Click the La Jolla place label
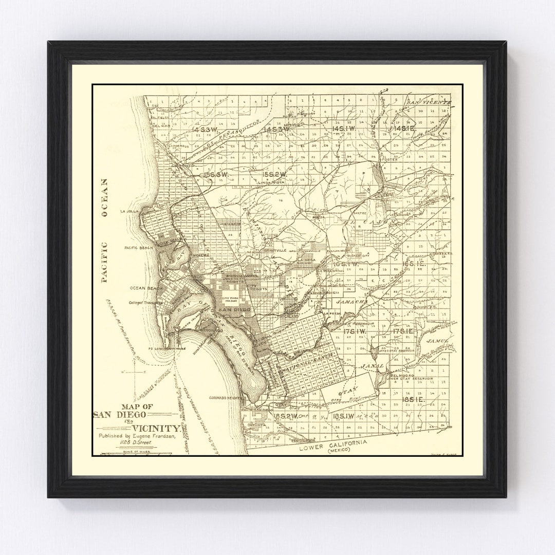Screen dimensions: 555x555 pyautogui.click(x=129, y=211)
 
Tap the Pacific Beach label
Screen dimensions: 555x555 pyautogui.click(x=136, y=248)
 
